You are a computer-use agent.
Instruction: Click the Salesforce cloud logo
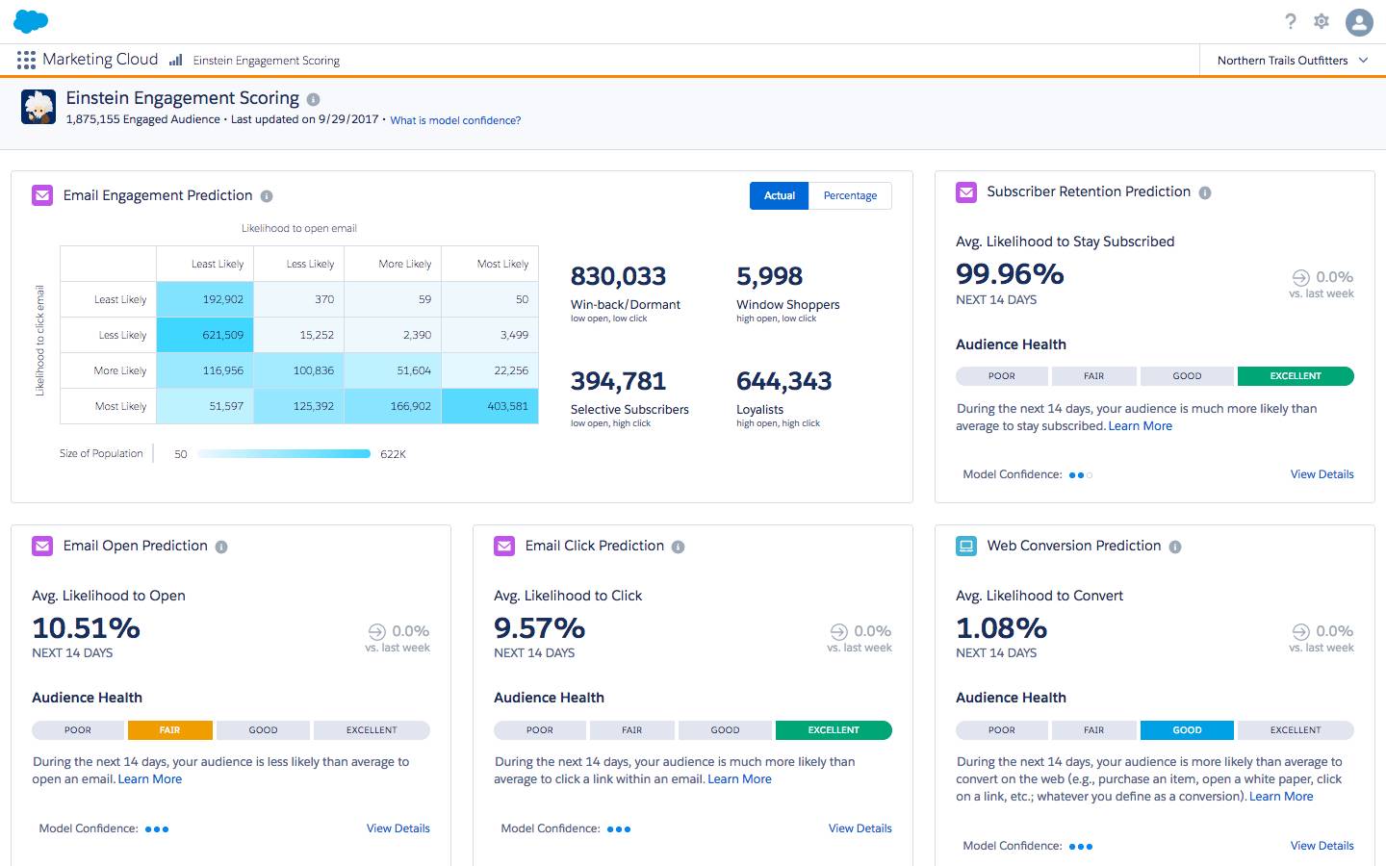click(31, 21)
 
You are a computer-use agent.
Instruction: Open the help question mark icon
click(1291, 21)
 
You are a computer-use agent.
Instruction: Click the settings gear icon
click(1322, 21)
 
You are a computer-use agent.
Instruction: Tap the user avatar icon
click(1359, 21)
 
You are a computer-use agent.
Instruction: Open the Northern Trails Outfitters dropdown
click(1292, 60)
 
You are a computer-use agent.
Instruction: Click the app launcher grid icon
click(26, 60)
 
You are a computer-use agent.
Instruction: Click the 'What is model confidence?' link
click(455, 120)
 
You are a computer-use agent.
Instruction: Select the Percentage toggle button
click(850, 195)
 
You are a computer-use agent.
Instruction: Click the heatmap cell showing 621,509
click(203, 335)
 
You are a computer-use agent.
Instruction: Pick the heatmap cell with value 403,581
click(491, 406)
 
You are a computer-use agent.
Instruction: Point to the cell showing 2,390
click(394, 335)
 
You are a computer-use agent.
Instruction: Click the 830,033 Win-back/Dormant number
click(618, 276)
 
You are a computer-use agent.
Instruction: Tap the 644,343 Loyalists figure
click(783, 381)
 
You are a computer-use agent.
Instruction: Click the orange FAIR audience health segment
click(169, 730)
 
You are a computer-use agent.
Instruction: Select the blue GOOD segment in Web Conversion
click(1187, 730)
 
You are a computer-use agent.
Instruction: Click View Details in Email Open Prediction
click(398, 828)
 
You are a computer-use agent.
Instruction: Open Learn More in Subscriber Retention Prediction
click(1140, 426)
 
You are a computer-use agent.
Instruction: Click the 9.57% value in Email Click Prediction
click(539, 628)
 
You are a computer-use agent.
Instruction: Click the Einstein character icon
click(38, 106)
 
